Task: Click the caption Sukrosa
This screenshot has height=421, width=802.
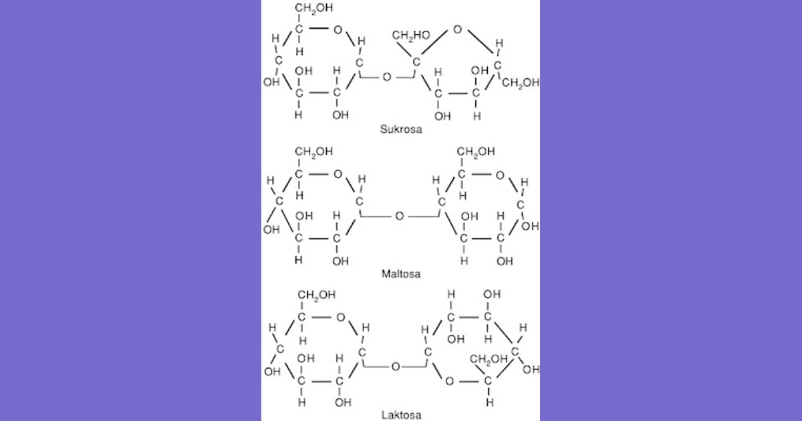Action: click(x=401, y=129)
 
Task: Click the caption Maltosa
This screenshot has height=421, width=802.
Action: click(x=401, y=274)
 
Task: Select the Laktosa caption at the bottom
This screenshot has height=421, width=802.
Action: click(x=401, y=415)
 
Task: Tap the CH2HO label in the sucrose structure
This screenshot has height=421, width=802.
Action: click(x=411, y=35)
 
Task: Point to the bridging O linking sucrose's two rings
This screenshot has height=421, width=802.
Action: click(x=387, y=77)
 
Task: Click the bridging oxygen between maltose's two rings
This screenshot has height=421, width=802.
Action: click(x=400, y=216)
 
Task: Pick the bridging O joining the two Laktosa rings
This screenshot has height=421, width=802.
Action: click(x=396, y=367)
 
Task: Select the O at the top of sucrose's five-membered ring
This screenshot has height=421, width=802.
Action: click(x=457, y=29)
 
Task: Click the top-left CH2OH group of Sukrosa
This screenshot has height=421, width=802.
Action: click(x=314, y=8)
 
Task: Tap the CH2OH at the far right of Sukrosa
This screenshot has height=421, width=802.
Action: click(x=521, y=83)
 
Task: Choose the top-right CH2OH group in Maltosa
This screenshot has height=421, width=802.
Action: click(x=476, y=152)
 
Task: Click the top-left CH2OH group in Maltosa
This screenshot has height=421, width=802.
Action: click(x=314, y=152)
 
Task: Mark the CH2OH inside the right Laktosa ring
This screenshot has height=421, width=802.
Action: click(x=489, y=359)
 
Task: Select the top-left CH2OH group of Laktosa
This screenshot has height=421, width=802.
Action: click(x=317, y=295)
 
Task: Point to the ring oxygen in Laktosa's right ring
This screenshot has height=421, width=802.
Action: click(x=450, y=382)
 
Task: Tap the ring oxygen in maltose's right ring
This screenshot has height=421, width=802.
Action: click(x=500, y=175)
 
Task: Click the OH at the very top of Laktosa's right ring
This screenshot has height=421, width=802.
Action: click(x=492, y=294)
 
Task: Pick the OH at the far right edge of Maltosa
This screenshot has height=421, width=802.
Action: click(x=530, y=227)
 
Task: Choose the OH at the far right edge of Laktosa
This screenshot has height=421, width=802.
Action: click(x=531, y=370)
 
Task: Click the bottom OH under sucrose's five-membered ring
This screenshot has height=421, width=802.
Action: click(x=442, y=116)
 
